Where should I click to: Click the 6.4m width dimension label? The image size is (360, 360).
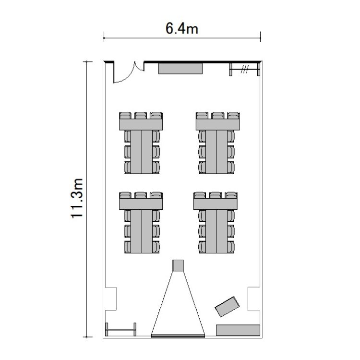(181, 29)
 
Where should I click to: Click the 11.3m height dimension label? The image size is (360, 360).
(76, 198)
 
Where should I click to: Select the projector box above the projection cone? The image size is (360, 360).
(178, 265)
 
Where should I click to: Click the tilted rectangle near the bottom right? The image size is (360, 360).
(228, 307)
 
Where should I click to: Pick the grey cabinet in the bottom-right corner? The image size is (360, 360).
(238, 330)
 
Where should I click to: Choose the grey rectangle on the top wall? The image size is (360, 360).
(180, 69)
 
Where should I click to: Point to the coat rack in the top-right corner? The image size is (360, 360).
(245, 69)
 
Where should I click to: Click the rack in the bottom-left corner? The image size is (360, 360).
(120, 329)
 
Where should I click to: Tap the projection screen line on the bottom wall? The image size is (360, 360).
(178, 336)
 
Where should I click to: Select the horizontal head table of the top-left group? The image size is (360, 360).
(141, 125)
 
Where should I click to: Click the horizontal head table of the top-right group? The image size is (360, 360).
(218, 124)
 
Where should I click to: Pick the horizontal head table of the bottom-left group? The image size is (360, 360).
(141, 204)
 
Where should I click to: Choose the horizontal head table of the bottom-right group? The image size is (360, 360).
(216, 204)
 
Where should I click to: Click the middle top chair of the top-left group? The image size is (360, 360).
(141, 115)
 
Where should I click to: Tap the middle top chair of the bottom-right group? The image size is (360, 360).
(216, 195)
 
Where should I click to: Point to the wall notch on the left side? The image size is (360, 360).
(111, 299)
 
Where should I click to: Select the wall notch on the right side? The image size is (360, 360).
(254, 299)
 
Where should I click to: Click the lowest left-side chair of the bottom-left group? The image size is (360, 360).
(127, 247)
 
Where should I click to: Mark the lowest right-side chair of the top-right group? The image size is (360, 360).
(231, 168)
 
